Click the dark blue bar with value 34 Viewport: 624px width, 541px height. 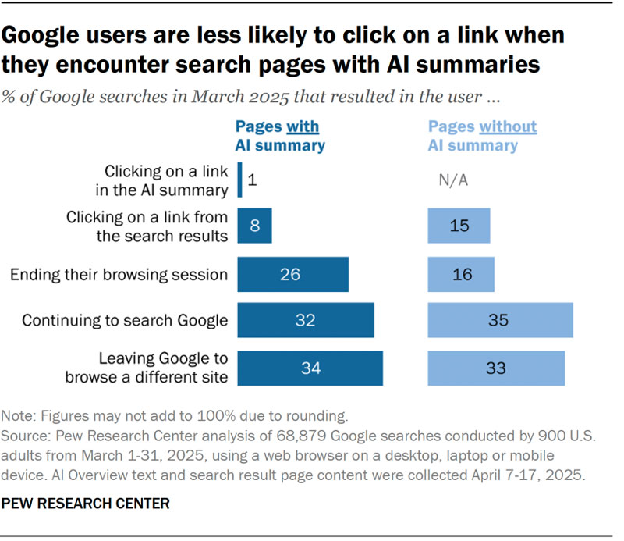tap(310, 368)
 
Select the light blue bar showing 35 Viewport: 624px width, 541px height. tap(500, 321)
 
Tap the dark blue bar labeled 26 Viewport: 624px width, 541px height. tap(292, 274)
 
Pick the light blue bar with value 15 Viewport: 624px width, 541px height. tap(459, 226)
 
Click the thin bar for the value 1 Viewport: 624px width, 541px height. tap(239, 180)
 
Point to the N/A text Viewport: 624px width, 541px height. tap(453, 180)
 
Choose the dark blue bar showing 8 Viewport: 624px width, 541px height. tap(254, 226)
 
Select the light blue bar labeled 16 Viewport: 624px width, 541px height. tap(461, 274)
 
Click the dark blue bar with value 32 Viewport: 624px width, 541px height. tap(306, 321)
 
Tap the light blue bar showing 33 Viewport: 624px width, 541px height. tap(496, 368)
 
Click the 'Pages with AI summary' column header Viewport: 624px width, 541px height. tap(280, 136)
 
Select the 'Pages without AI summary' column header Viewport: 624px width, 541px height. tap(482, 136)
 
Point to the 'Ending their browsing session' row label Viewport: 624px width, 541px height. tap(119, 275)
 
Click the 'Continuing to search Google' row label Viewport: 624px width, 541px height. tap(125, 321)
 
